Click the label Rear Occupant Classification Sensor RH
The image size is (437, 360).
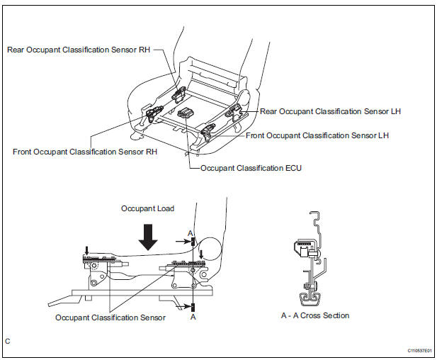click(79, 50)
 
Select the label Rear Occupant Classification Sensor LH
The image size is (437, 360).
click(330, 111)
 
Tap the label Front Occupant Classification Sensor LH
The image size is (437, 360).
click(317, 136)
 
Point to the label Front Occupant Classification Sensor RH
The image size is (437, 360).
click(85, 152)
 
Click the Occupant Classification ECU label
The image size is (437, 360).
click(251, 168)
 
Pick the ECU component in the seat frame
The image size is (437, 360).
click(186, 113)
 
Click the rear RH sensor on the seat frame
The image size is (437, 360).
click(178, 94)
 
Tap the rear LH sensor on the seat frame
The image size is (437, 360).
click(234, 111)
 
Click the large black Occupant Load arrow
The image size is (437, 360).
click(148, 237)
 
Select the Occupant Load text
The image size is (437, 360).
click(148, 208)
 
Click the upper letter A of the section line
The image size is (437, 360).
click(191, 233)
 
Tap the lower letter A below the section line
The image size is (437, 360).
click(193, 317)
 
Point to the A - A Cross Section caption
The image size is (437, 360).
click(315, 315)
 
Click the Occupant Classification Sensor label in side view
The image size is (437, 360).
click(110, 317)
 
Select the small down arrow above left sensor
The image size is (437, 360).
click(86, 250)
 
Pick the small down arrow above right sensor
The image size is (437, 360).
click(201, 254)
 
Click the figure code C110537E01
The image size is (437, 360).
click(419, 351)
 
